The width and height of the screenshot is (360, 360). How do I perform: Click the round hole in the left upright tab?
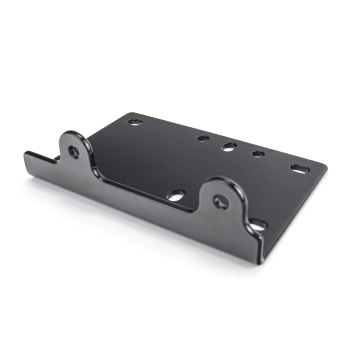pos(74,152)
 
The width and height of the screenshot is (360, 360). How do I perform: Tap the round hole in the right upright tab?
pos(221,202)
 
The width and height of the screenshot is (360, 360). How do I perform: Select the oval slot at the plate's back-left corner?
pos(134,122)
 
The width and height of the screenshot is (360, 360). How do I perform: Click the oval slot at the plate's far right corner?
pos(299,169)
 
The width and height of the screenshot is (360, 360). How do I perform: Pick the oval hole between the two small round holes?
pos(228,146)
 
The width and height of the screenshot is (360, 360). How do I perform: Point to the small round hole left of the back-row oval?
pos(203,138)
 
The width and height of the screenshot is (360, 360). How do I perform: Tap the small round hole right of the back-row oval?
pos(258,154)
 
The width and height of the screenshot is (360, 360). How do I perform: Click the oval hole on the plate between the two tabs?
pos(176,195)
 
